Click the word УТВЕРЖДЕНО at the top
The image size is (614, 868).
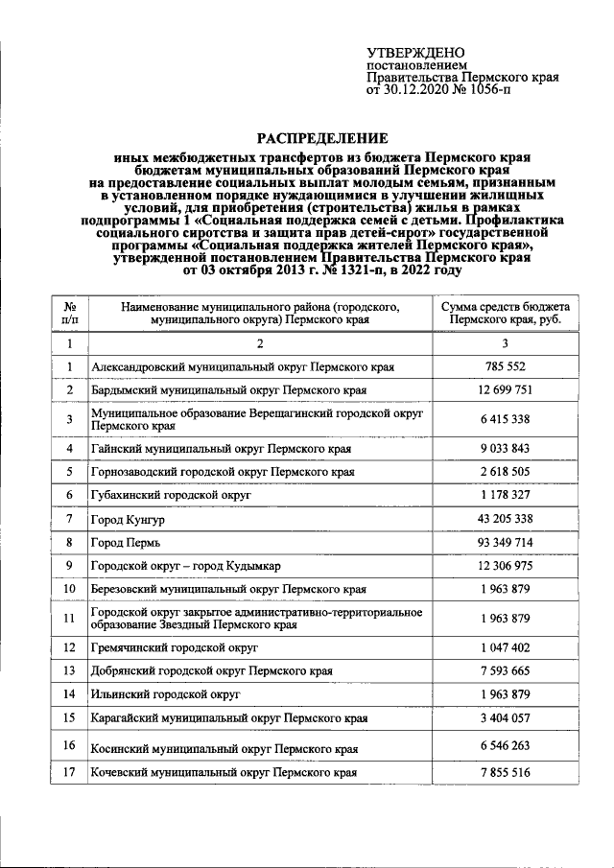tap(415, 52)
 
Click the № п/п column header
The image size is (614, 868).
tap(70, 313)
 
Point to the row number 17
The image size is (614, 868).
tap(70, 772)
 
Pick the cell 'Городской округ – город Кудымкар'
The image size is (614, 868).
tap(185, 565)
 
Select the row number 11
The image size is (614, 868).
tap(70, 619)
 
